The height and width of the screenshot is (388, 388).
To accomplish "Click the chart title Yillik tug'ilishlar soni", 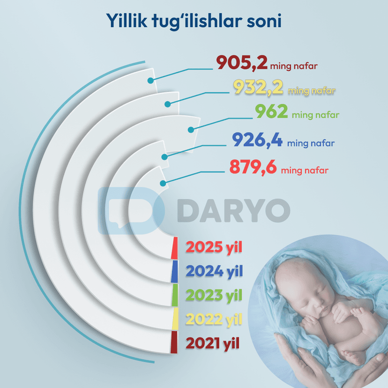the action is [194, 21].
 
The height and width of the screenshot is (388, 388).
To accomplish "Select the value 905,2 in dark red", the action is [242, 63].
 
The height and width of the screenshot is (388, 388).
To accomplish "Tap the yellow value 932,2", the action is [258, 87].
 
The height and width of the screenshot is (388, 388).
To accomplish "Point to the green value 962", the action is [271, 112].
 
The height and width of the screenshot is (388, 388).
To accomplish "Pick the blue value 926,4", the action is [257, 140].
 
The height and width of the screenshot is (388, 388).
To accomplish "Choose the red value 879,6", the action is [253, 167].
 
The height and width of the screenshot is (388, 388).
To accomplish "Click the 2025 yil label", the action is [214, 247].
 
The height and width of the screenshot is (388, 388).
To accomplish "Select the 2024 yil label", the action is [214, 271].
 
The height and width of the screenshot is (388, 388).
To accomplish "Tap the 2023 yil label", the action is [214, 295].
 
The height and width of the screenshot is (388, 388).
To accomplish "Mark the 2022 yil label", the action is [214, 319].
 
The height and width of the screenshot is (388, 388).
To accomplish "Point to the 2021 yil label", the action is [213, 343].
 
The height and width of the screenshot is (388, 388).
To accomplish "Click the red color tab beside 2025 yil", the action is [174, 248].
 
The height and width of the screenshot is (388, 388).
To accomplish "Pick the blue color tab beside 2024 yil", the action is [174, 271].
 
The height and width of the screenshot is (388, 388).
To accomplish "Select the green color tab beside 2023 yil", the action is [175, 295].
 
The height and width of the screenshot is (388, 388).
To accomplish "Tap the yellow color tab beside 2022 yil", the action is [175, 319].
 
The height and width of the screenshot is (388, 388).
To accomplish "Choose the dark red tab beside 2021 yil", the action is [174, 343].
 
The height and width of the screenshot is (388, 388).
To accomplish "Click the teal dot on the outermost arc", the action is [150, 81].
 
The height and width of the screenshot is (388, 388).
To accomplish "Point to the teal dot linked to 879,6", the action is [163, 183].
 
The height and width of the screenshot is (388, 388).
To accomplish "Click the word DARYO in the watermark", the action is [233, 210].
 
